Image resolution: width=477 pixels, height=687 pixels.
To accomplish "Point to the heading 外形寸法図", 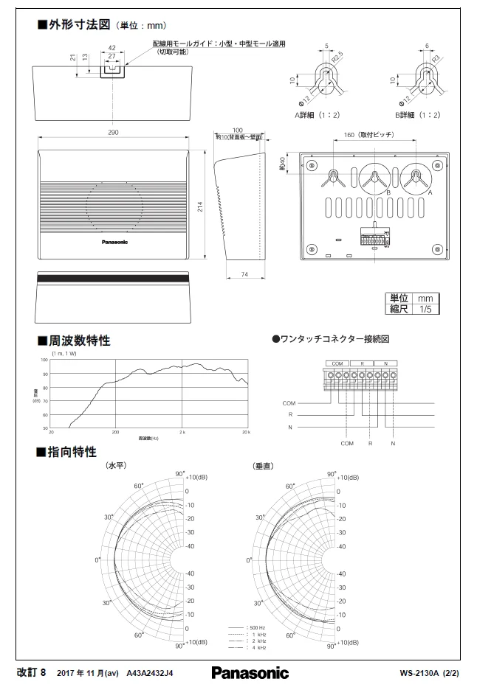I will point(79,24).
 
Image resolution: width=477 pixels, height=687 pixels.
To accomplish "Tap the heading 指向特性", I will point(72,451).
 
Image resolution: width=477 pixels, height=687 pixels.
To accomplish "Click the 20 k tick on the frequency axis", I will point(246,431).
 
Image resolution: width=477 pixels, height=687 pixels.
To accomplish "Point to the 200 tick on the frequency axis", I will point(115,431).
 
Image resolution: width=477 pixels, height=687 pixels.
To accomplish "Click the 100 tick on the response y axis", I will point(45,360).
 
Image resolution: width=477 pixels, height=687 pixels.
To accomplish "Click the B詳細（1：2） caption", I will point(417,115).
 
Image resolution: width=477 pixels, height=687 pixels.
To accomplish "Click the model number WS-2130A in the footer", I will point(419,672).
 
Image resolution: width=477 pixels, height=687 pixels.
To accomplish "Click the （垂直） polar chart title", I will point(264,466).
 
